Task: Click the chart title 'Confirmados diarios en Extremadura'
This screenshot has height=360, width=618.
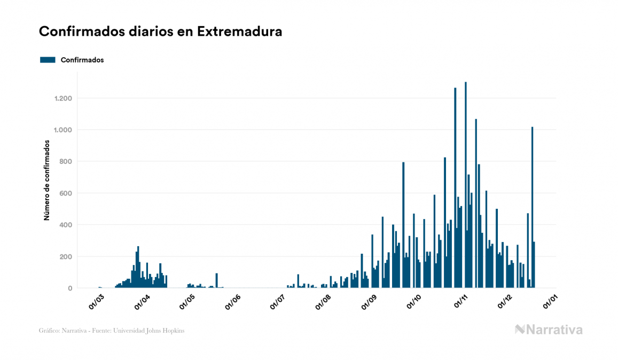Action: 160,32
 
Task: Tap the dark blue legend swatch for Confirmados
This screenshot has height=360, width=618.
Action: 48,60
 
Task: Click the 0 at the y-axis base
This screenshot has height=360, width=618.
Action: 70,288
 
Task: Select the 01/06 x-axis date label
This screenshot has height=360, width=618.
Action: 233,302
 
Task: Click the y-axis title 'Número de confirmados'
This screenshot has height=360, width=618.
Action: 46,180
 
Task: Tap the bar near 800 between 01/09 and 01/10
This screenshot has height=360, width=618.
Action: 403,224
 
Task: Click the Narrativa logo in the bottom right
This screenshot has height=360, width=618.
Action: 549,330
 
